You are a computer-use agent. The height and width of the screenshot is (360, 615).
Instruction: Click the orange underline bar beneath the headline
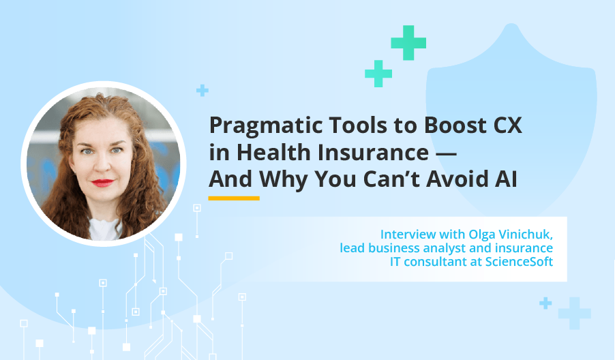(234, 198)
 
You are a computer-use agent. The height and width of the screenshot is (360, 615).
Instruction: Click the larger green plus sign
(408, 42)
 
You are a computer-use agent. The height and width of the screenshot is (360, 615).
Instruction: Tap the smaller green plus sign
(378, 73)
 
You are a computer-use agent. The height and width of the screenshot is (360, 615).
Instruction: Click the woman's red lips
(102, 183)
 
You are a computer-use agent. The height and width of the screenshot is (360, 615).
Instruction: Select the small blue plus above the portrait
(202, 90)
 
